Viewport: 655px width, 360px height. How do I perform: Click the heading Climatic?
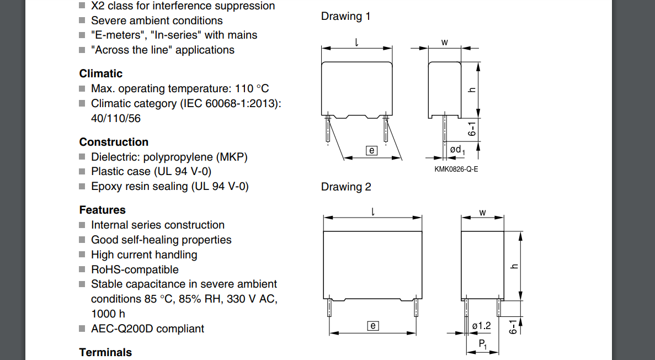tap(100, 73)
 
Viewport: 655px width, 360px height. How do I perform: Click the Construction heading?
tap(114, 142)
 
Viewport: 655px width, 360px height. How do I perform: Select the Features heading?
tap(102, 210)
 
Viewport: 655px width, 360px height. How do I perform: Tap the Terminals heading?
tap(105, 352)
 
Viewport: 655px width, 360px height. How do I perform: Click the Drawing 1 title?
tap(345, 17)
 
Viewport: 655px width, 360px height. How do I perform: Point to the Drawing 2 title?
tap(346, 187)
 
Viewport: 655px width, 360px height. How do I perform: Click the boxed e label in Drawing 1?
tap(371, 151)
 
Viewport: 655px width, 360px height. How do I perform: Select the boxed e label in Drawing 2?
tap(373, 326)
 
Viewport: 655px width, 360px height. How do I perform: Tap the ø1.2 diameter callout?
tap(481, 326)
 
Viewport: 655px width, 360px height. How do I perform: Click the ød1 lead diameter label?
tap(457, 150)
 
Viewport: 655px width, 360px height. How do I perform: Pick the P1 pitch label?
tap(482, 344)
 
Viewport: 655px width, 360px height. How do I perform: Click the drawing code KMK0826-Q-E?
tap(456, 169)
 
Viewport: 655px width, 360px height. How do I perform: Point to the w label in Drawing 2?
tap(482, 213)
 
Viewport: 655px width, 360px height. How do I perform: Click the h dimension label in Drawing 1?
tap(472, 90)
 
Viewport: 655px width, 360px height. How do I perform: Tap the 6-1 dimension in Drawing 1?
tap(472, 129)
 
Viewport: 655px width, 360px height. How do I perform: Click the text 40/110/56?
tap(116, 118)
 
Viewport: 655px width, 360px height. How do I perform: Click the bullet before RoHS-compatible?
tap(82, 269)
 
